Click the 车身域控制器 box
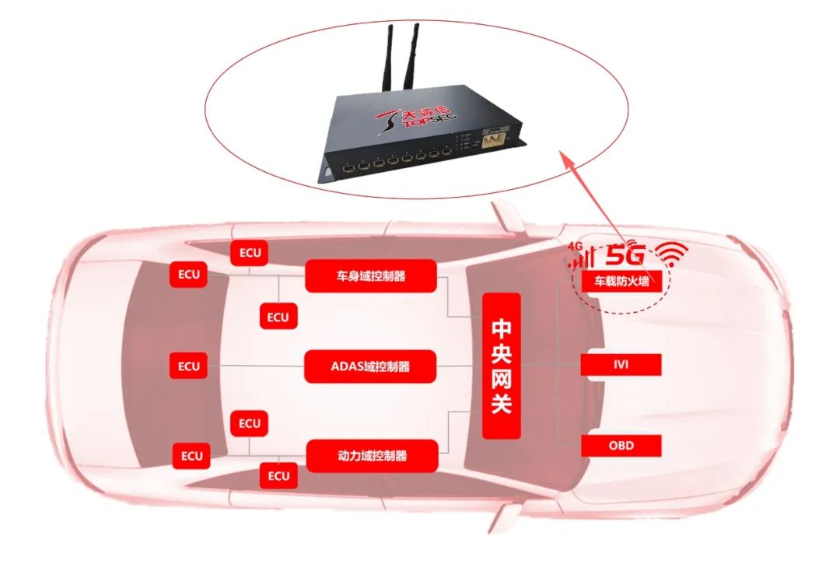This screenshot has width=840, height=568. click(x=370, y=276)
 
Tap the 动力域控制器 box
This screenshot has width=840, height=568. click(x=372, y=455)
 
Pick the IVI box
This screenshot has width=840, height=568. click(x=621, y=364)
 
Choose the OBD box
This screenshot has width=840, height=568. click(x=621, y=446)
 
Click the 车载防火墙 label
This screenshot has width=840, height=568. click(x=621, y=282)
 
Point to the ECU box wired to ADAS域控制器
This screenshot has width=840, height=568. click(x=188, y=366)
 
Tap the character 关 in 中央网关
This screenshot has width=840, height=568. click(x=502, y=403)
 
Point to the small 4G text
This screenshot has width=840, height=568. click(x=576, y=245)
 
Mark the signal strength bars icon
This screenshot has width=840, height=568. click(x=584, y=258)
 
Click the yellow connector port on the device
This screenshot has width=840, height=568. click(x=492, y=142)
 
